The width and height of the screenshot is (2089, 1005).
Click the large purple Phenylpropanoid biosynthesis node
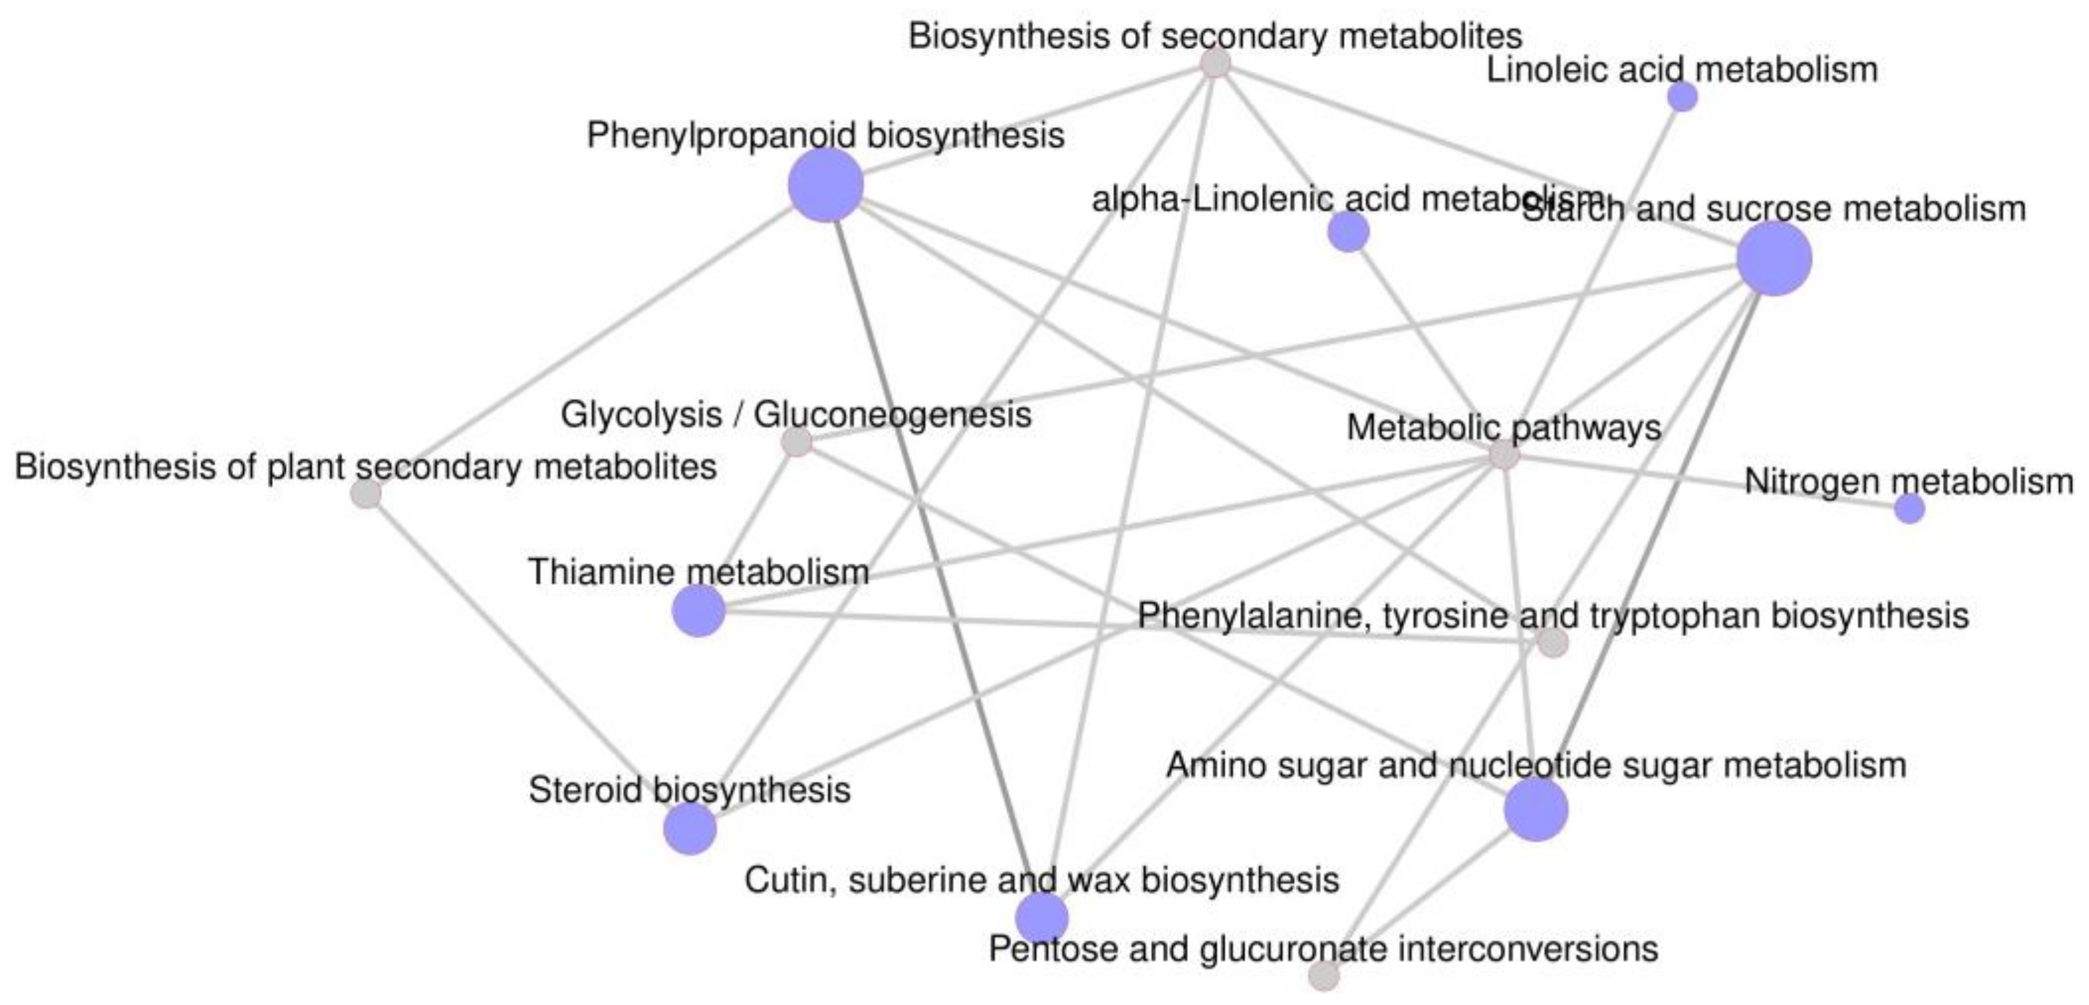coord(825,186)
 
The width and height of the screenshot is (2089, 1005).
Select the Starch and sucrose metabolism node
coord(1774,259)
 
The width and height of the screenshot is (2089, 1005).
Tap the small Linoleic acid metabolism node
coord(1682,97)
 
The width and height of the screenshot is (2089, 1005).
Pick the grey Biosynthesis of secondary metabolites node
coord(1214,62)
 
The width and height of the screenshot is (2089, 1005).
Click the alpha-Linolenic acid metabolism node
coord(1348,232)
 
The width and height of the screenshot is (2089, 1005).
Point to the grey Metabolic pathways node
coord(1503,454)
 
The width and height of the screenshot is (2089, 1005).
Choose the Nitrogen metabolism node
coord(1909,508)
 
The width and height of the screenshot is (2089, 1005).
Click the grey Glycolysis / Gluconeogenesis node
coord(797,442)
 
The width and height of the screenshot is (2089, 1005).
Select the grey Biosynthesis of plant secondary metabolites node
coord(366,493)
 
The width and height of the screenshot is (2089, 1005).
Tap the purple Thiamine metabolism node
coord(698,611)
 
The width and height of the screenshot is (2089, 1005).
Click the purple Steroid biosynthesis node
coord(690,828)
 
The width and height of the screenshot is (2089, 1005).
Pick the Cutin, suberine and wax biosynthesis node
coord(1041,918)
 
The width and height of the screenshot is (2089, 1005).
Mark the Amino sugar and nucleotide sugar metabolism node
coord(1535,809)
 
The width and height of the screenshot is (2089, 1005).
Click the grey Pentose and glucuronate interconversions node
coord(1323,976)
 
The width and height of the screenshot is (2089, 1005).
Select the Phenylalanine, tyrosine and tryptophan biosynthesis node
coord(1552,643)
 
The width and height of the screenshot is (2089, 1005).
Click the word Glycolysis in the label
coord(641,415)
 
